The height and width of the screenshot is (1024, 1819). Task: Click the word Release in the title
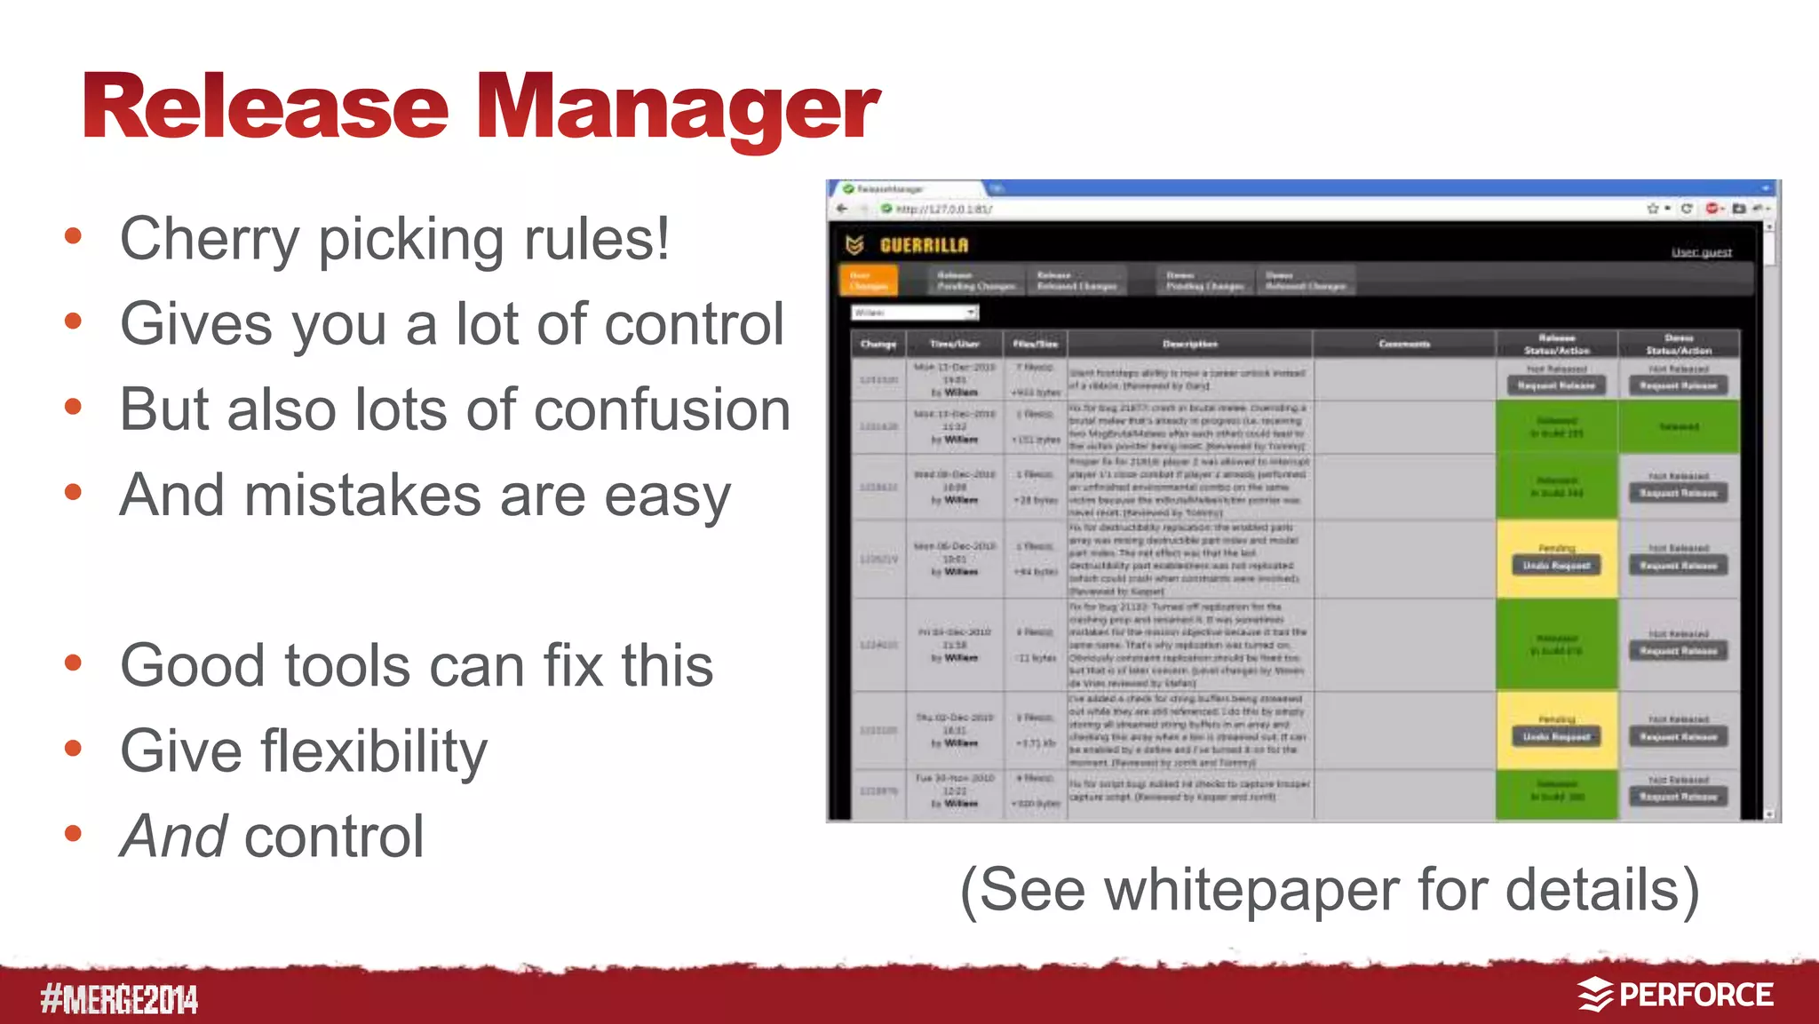[266, 108]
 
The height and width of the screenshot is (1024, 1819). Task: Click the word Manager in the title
[678, 108]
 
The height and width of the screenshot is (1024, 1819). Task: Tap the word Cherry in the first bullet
[210, 240]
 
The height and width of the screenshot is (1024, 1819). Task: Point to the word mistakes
[361, 495]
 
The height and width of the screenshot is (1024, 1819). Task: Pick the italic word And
[174, 837]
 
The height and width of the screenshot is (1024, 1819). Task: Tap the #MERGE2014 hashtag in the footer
[119, 999]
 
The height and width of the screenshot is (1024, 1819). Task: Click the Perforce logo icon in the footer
[1594, 995]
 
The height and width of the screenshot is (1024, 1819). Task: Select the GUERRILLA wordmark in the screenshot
[924, 245]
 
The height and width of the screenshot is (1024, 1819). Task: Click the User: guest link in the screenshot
[1701, 252]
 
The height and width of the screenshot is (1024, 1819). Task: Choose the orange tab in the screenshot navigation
[868, 281]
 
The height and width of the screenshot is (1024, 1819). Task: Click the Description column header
[1189, 344]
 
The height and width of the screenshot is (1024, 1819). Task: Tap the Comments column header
[1403, 344]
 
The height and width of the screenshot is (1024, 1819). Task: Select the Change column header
[878, 344]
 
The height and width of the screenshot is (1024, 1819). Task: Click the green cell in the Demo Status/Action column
[1678, 427]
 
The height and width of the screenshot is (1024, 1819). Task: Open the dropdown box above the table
[915, 313]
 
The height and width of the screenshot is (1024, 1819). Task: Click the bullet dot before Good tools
[74, 663]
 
